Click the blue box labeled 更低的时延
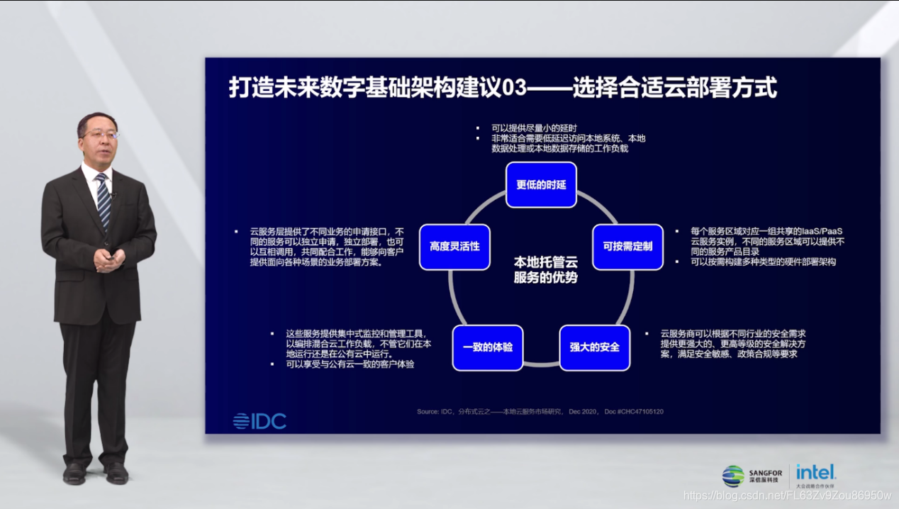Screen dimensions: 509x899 click(541, 185)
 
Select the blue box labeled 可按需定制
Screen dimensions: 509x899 click(627, 247)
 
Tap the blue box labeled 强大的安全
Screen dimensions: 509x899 click(594, 347)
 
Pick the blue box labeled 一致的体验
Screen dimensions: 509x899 click(488, 347)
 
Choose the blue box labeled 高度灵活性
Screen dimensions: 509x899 click(454, 247)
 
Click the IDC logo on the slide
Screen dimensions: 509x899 click(259, 421)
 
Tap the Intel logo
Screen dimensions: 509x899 click(815, 473)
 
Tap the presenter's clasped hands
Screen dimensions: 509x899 click(108, 260)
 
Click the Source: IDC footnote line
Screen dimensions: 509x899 click(540, 411)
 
